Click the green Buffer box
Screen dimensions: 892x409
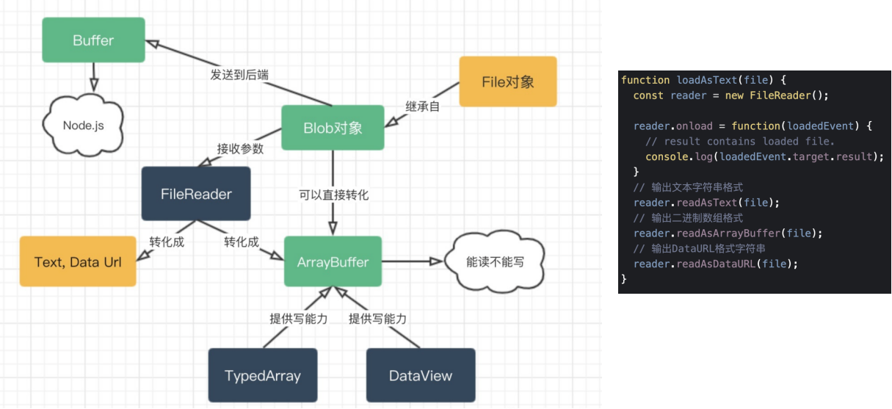[x=93, y=40]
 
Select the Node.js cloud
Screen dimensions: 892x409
[x=83, y=125]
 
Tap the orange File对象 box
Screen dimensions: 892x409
[x=508, y=82]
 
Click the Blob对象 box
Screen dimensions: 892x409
[x=333, y=128]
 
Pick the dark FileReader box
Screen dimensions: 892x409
[x=196, y=194]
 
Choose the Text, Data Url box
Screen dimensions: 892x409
[x=78, y=261]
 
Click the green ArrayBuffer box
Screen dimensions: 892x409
[x=333, y=261]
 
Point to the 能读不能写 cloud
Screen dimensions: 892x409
[x=495, y=261]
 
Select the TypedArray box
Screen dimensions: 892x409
[x=263, y=375]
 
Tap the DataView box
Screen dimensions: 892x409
[x=421, y=375]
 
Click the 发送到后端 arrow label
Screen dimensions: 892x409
[x=239, y=74]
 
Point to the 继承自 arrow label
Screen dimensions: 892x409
[x=422, y=106]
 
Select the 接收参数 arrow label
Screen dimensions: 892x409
[x=240, y=148]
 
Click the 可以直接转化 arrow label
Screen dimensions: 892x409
[x=334, y=195]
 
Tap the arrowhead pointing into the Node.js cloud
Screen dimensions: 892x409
[x=93, y=85]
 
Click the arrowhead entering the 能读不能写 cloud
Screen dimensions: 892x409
[x=436, y=261]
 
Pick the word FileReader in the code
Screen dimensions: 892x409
[x=780, y=95]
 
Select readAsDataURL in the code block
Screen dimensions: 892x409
[x=716, y=264]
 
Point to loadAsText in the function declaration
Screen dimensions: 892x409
[x=707, y=80]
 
